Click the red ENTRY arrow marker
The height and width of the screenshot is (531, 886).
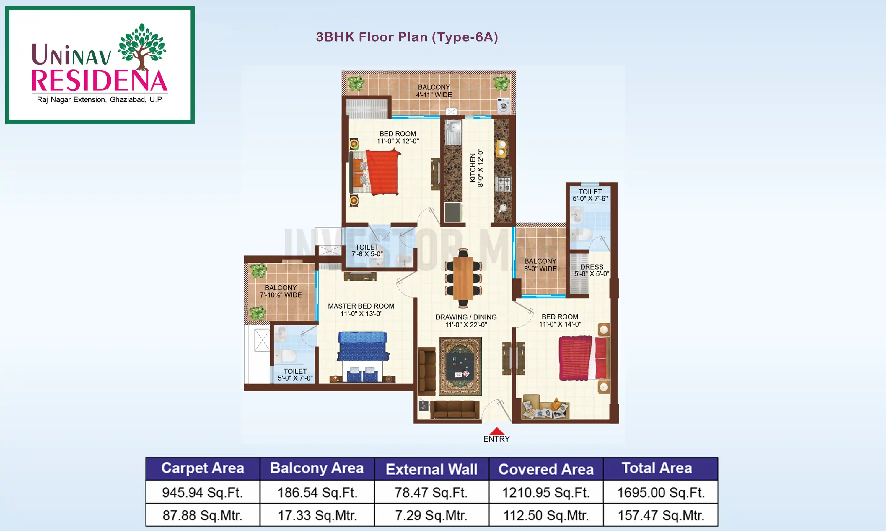coord(496,431)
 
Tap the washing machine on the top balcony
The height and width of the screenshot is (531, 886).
coord(503,106)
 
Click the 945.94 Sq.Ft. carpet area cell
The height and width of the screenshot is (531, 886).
coord(202,492)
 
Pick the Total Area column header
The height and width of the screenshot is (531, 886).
coord(657,468)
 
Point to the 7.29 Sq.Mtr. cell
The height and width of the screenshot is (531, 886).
coord(431,515)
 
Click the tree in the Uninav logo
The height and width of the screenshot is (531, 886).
coord(142,46)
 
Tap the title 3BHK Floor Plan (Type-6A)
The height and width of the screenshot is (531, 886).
coord(407,37)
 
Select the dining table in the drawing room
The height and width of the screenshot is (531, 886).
coord(463,278)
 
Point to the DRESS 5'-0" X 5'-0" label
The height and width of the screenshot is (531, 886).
coord(592,270)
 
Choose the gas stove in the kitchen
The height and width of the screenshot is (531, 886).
coord(503,184)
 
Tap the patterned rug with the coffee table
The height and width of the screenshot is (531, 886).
coord(460,366)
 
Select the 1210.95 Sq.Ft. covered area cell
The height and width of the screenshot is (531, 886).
coord(546,492)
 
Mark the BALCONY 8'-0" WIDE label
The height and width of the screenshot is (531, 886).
coord(540,265)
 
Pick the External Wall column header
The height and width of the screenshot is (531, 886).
coord(431,469)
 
